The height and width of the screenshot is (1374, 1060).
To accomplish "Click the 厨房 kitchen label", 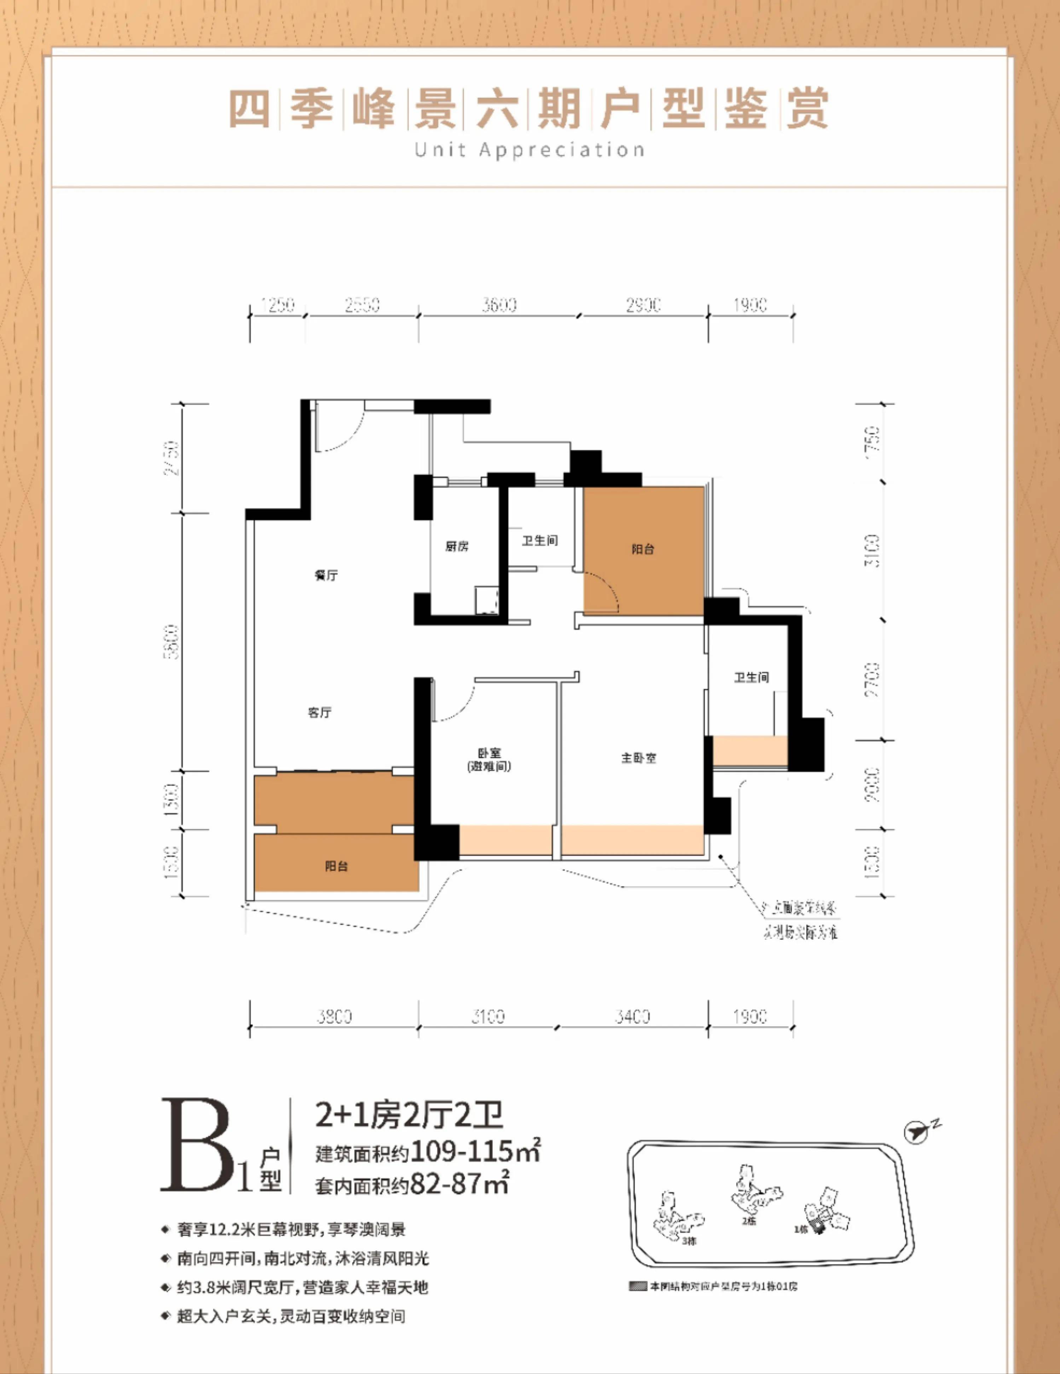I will (457, 547).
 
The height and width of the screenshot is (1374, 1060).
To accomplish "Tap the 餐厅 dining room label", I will (326, 575).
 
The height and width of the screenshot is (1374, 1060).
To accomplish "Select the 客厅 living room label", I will (320, 712).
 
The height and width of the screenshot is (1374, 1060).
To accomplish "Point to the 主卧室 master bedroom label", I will (638, 758).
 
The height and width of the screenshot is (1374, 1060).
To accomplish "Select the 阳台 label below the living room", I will (337, 866).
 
